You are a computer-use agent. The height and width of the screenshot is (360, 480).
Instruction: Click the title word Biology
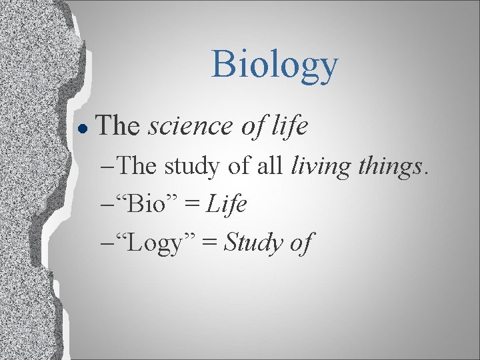[275, 65]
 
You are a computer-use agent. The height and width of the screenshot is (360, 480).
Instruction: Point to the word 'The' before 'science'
[119, 125]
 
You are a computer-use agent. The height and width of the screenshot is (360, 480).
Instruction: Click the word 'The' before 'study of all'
[137, 165]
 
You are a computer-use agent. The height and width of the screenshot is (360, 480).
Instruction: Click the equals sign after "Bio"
[191, 205]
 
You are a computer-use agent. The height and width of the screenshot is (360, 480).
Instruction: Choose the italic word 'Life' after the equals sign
[227, 203]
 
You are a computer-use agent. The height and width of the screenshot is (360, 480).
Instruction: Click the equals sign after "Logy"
[209, 243]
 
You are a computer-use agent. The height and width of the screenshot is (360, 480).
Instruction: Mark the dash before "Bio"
[109, 205]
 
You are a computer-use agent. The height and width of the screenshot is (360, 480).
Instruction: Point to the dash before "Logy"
[109, 244]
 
